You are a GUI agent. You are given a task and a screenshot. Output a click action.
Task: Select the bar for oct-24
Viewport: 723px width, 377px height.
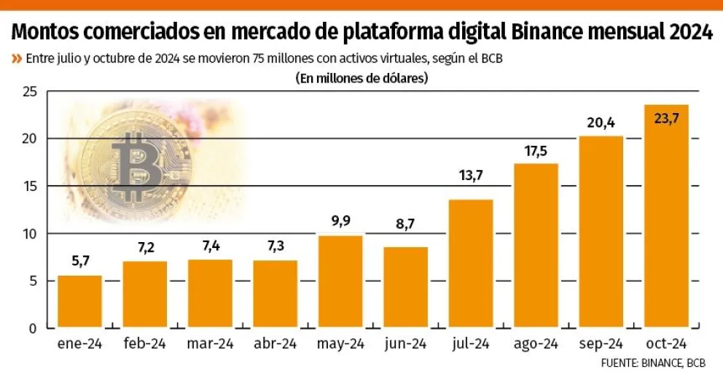pyautogui.click(x=666, y=217)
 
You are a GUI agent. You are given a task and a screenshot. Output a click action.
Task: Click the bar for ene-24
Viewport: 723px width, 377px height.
pyautogui.click(x=79, y=302)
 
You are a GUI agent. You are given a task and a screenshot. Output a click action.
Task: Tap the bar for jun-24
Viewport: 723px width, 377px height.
pyautogui.click(x=405, y=287)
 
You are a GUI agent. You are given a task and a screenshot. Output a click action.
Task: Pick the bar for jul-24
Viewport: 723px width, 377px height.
pyautogui.click(x=471, y=264)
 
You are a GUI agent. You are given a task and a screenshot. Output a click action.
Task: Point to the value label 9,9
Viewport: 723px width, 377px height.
pyautogui.click(x=340, y=222)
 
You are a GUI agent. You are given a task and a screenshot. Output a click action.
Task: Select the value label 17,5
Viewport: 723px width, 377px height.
pyautogui.click(x=536, y=151)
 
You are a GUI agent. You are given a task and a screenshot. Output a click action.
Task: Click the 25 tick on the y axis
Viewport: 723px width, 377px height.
pyautogui.click(x=30, y=92)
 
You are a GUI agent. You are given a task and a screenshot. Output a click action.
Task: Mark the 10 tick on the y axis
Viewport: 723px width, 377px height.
pyautogui.click(x=30, y=234)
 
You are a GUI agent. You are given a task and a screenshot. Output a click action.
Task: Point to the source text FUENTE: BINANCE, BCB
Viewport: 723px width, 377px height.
pyautogui.click(x=653, y=362)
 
